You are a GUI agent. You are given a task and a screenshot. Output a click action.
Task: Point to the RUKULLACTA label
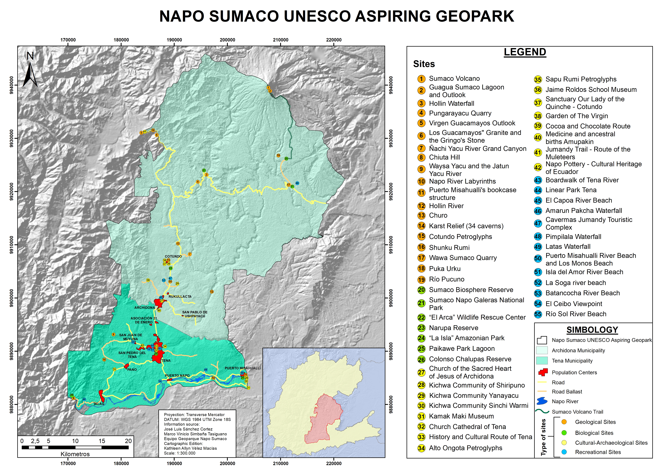click(x=180, y=297)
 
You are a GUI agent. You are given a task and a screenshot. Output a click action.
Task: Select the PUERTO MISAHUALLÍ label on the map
click(x=243, y=368)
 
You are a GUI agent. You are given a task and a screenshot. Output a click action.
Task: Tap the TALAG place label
click(x=99, y=404)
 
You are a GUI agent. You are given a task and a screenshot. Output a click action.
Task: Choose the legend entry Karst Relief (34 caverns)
click(x=466, y=226)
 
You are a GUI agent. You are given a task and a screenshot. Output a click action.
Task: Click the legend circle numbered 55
click(x=538, y=314)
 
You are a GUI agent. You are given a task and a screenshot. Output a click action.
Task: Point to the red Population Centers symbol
click(x=543, y=372)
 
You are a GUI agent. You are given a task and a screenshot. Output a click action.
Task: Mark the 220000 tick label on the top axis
click(x=334, y=40)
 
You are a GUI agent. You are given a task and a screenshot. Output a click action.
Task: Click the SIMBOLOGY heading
click(x=592, y=330)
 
